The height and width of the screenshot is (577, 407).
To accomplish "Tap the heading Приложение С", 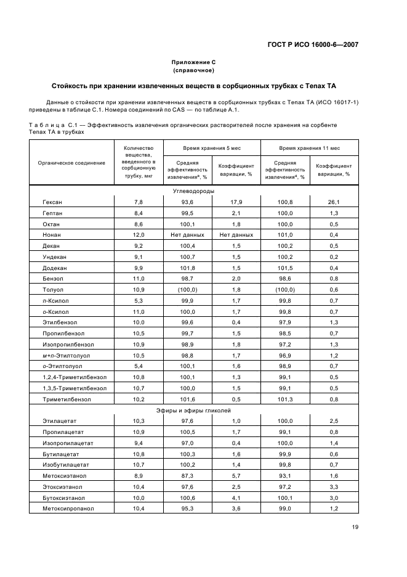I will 193,62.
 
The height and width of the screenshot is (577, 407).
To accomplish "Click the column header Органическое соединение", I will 71,163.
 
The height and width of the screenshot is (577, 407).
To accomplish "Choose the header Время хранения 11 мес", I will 310,149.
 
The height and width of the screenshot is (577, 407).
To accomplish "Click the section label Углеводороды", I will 193,191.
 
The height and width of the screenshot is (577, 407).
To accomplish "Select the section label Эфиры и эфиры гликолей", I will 193,409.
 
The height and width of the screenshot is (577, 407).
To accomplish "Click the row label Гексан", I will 52,202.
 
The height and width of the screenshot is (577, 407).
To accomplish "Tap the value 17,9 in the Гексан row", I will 236,202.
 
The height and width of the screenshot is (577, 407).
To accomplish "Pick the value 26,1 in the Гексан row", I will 334,202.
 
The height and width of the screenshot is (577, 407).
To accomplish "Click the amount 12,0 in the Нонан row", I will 139,235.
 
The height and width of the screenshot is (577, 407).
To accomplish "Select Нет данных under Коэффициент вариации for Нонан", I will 236,235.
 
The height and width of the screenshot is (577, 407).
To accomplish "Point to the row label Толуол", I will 52,290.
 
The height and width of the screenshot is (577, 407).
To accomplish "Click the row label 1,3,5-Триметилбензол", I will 75,388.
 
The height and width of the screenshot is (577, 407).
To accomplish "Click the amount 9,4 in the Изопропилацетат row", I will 139,443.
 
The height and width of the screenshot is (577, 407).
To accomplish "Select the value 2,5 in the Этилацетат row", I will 334,420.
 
